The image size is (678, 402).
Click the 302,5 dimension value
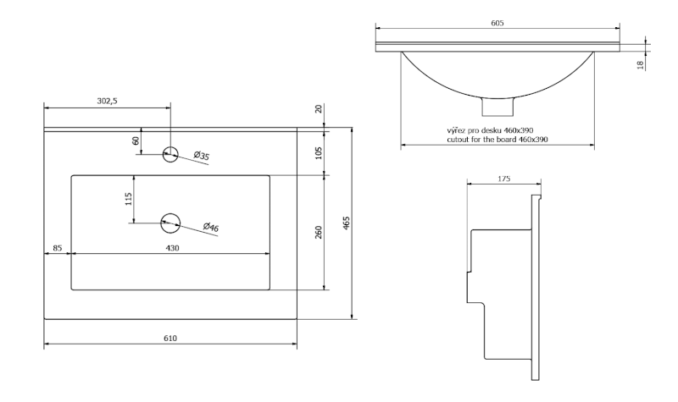[x=107, y=101]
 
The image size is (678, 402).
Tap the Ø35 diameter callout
[x=201, y=155]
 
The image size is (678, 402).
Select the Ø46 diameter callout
[x=211, y=227]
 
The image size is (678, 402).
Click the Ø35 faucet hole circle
[x=170, y=153]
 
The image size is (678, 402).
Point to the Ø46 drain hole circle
[x=170, y=223]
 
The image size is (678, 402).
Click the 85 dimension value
[x=57, y=248]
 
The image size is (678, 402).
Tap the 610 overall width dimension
[x=169, y=339]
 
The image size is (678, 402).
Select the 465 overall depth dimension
[x=347, y=223]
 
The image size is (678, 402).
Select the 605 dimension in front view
[x=497, y=23]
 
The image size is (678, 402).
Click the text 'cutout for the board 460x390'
[x=497, y=139]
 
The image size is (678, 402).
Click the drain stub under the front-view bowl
[x=497, y=107]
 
